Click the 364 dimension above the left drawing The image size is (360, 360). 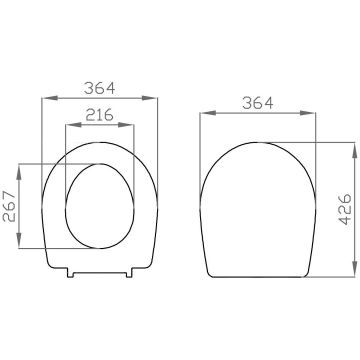tap(99, 88)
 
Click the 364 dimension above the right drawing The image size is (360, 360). tap(258, 103)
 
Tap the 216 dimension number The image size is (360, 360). tap(99, 115)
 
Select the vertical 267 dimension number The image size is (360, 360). tap(9, 207)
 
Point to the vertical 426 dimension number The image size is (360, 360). tap(345, 209)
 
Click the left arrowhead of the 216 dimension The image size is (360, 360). tap(73, 125)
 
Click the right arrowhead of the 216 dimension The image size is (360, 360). tap(126, 125)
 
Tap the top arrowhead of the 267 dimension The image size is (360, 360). tap(19, 172)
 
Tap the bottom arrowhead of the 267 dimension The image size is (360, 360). tap(19, 240)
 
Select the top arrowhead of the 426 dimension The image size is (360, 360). tap(355, 150)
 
